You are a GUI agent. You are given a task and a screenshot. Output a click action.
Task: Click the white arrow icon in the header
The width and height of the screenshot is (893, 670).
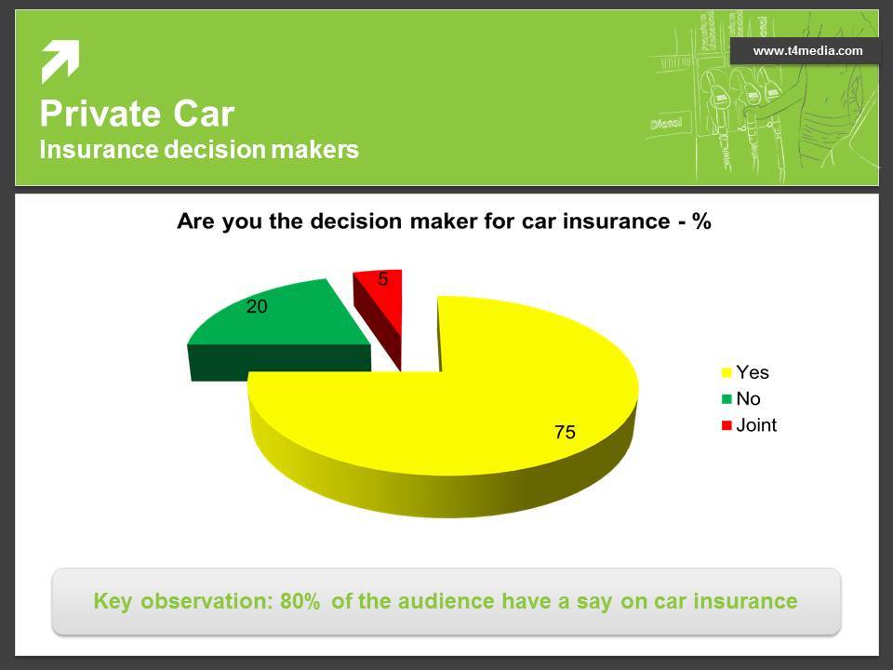click(x=60, y=61)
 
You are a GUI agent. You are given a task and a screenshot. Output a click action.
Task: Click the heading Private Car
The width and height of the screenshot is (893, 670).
click(x=137, y=114)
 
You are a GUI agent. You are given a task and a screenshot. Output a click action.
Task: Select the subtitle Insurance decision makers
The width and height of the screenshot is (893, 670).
click(x=199, y=150)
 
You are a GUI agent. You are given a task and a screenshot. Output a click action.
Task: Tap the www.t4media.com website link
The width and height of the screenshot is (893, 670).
click(x=807, y=50)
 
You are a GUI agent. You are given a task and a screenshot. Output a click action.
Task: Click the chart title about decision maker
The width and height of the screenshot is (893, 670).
click(x=444, y=221)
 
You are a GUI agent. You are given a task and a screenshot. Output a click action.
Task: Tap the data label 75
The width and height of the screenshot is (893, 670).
click(x=565, y=432)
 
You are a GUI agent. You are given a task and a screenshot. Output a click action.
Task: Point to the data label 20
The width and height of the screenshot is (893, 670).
click(x=257, y=306)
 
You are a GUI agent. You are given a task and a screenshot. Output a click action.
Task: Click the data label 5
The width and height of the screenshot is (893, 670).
click(x=383, y=278)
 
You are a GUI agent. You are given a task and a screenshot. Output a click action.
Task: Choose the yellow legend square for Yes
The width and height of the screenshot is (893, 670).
click(x=726, y=372)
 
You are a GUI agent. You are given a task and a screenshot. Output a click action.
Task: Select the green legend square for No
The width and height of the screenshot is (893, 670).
click(x=726, y=399)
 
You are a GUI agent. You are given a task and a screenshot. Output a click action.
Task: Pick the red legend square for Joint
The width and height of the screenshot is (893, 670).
click(x=726, y=425)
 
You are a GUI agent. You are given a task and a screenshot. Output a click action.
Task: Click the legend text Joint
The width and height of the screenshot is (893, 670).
click(x=756, y=425)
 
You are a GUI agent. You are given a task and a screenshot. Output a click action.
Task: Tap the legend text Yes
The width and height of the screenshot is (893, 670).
click(x=753, y=372)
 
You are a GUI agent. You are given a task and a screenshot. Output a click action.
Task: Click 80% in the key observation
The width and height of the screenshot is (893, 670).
click(x=300, y=601)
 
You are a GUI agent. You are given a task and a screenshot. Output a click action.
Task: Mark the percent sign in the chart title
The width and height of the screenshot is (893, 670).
click(x=701, y=221)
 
